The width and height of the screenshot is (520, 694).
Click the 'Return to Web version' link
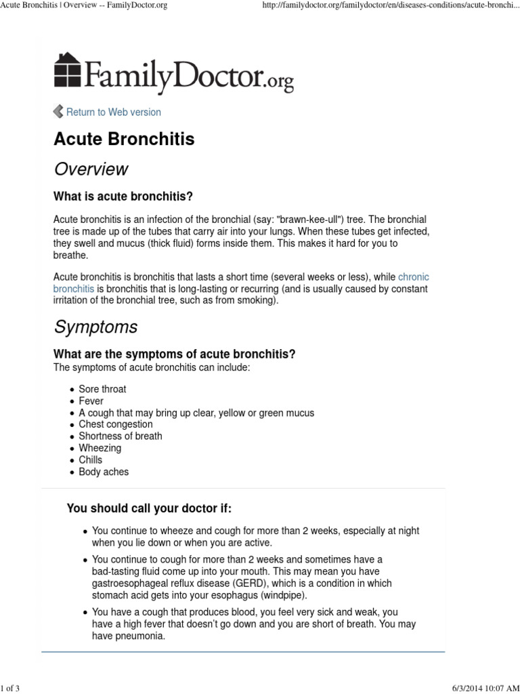coord(113,112)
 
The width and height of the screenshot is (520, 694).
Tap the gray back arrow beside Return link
coord(58,112)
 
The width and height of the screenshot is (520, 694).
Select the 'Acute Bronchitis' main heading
coord(124,139)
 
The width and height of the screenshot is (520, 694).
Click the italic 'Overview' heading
coord(91,169)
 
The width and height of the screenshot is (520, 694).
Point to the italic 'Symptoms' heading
coord(95,327)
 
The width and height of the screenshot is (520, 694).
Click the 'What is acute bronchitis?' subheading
coord(123,197)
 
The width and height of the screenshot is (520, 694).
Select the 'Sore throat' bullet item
coord(102,389)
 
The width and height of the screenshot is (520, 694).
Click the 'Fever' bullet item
coord(91,401)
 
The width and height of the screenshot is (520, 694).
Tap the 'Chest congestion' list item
coord(115,424)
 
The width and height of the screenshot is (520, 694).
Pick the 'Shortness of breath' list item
coord(120,436)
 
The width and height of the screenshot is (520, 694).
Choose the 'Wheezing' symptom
coord(100,448)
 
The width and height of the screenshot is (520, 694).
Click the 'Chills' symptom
coord(90,460)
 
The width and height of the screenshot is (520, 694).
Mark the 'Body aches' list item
coord(103,472)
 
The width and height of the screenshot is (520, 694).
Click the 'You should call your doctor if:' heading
coord(149,508)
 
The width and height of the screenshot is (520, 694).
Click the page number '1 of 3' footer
coord(11,689)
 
